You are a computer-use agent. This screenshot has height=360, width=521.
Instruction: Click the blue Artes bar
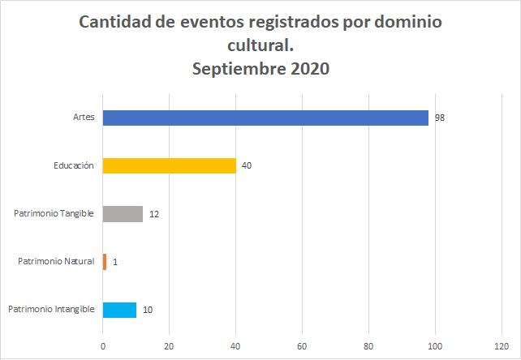pos(265,118)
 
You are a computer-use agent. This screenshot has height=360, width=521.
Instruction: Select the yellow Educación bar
pos(170,165)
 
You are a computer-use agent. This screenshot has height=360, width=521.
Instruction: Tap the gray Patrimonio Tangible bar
pos(123,214)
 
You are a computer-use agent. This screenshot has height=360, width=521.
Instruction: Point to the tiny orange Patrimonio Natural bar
pos(105,262)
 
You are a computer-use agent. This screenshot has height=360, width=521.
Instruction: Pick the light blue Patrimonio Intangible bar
pos(119,310)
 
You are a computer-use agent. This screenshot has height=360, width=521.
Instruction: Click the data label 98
pos(439,118)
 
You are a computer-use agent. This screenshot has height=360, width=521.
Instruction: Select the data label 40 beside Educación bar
pos(247,166)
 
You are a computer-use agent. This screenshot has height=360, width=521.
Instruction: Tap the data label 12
pos(153,214)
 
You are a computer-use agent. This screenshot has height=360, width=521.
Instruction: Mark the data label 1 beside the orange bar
pos(115,262)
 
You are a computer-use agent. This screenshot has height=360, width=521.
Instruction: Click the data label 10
pos(147,310)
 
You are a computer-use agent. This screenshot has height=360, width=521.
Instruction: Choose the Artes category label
pos(84,118)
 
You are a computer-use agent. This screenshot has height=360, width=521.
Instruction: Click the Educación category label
pos(74,165)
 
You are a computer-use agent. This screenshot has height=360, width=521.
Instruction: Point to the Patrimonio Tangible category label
pos(54,214)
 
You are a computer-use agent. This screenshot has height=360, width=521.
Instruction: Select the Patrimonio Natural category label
pos(56,262)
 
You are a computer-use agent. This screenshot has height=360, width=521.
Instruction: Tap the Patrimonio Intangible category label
pos(52,310)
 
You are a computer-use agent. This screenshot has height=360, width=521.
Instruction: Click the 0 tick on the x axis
pos(103,345)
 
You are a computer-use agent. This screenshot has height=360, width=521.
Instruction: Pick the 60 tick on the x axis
pos(302,345)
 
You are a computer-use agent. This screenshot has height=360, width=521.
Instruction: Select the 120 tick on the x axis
pos(502,345)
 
